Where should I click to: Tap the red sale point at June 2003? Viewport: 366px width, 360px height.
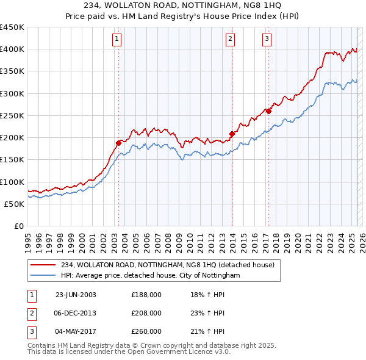pos(119,143)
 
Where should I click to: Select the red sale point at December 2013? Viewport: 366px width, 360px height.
pos(232,134)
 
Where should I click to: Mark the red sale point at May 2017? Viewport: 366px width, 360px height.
pos(268,111)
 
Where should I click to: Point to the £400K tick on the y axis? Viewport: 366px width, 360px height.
pos(12,49)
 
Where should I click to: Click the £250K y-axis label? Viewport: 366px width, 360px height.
pos(12,115)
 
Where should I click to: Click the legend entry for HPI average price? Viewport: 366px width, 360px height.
pos(150,276)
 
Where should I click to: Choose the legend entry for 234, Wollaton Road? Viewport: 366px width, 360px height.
pos(168,265)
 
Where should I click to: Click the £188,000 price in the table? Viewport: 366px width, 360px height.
pos(146,295)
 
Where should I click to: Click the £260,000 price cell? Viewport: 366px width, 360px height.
pos(146,331)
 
